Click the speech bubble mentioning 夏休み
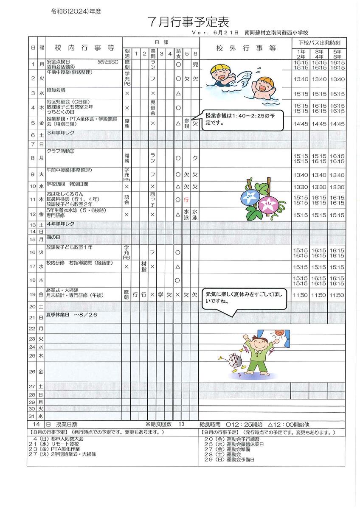click(x=243, y=297)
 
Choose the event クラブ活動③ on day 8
click(x=60, y=151)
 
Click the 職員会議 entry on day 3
click(x=57, y=90)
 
